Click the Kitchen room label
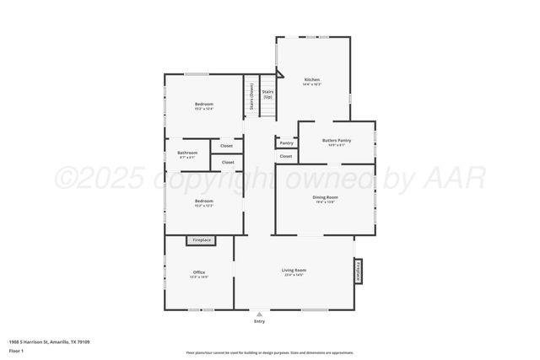tap(312, 78)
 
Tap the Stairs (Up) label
tap(267, 94)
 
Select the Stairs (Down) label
tap(251, 97)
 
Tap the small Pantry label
tap(286, 142)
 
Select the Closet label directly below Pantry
tap(286, 156)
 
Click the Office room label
tap(199, 272)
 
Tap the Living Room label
tap(294, 270)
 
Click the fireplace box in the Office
tap(202, 240)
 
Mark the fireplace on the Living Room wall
tap(359, 271)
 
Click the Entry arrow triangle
tap(259, 314)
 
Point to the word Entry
tap(259, 321)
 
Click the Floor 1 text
tap(16, 349)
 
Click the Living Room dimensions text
tap(294, 275)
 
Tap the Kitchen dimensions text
tap(312, 84)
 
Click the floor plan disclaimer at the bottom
tap(269, 352)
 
